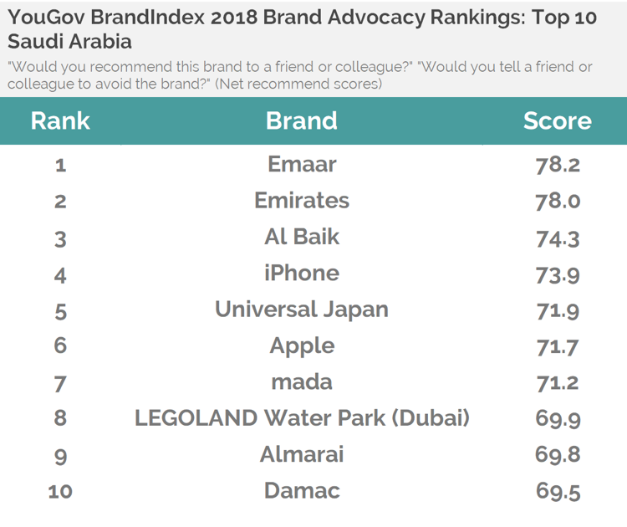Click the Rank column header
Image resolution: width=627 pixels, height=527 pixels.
tap(60, 120)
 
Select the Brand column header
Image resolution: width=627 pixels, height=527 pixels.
tap(302, 120)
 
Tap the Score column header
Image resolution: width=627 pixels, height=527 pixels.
tap(558, 120)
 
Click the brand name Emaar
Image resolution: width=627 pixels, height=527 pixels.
tap(302, 164)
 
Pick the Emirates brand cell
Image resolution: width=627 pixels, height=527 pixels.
tap(302, 201)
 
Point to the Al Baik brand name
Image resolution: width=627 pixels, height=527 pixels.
tap(302, 237)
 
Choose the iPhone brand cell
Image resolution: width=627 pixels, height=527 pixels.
tap(302, 274)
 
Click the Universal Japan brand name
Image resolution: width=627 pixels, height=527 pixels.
tap(302, 310)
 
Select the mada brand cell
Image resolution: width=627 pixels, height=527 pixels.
tap(302, 382)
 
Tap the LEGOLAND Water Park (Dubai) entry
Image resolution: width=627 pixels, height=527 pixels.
tap(302, 418)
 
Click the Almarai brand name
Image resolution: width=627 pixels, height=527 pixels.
tap(302, 454)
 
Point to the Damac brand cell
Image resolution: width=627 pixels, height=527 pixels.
tap(302, 490)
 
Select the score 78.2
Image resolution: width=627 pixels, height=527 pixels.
tap(558, 165)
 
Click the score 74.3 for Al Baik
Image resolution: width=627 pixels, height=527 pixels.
tap(558, 238)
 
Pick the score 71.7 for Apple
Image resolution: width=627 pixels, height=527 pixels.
tap(558, 346)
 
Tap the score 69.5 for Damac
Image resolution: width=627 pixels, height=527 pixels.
tap(558, 491)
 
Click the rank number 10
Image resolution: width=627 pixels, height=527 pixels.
tap(60, 492)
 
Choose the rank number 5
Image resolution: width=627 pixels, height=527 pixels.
tap(60, 310)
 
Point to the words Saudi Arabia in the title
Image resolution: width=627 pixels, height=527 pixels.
tap(70, 42)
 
